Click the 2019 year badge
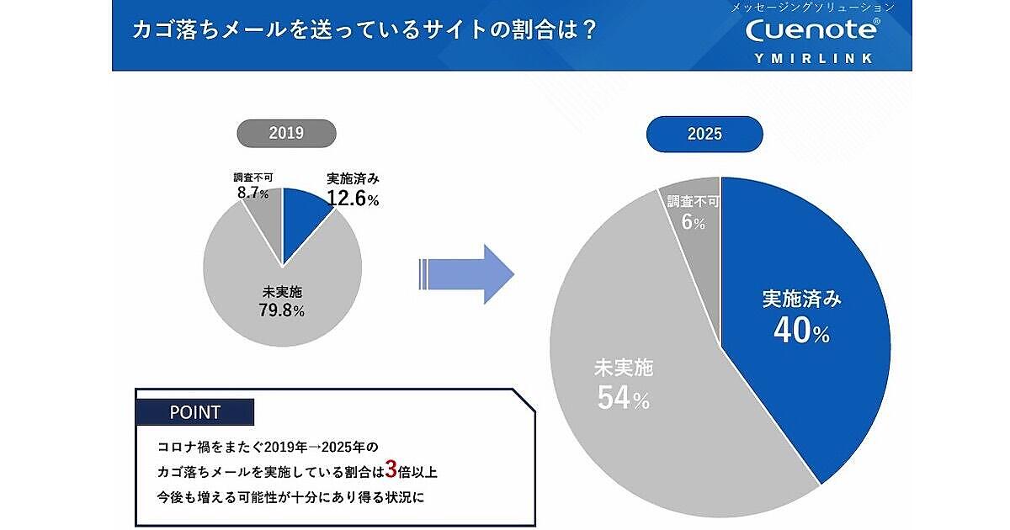coord(286,133)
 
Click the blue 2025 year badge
coord(704,133)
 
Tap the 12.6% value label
coord(353,199)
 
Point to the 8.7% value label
coord(253,193)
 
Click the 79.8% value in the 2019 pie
coord(282,310)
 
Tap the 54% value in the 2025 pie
coord(623,399)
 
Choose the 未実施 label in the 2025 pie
coord(624,368)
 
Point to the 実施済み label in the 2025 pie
coord(801,299)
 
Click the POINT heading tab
coord(194,412)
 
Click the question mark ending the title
coord(588,29)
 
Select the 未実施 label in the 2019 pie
coord(282,292)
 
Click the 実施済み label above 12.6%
coord(353,179)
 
